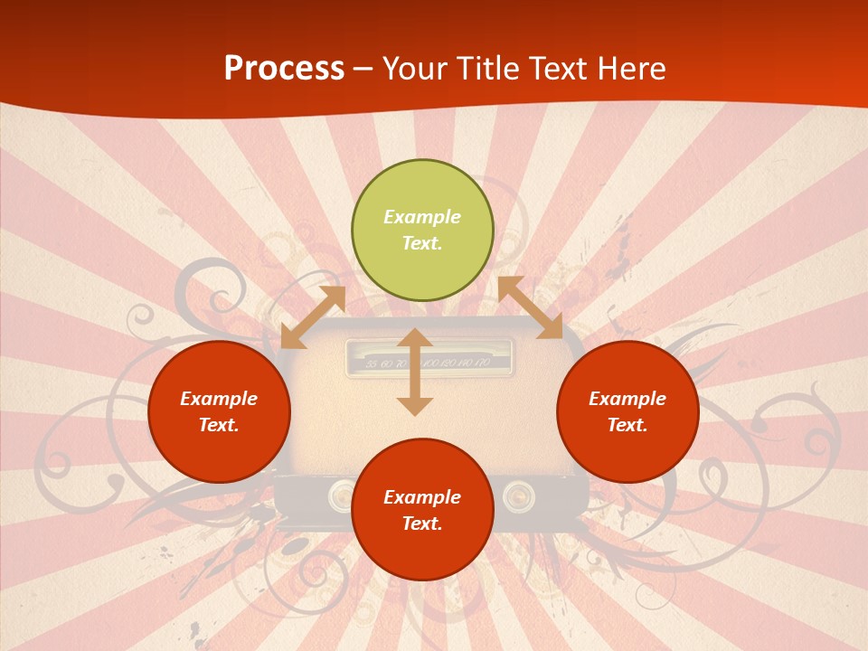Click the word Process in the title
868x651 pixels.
click(x=284, y=69)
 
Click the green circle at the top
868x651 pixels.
click(x=422, y=231)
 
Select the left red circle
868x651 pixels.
click(x=219, y=411)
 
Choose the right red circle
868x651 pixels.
click(x=627, y=411)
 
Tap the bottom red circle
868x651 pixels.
click(x=422, y=510)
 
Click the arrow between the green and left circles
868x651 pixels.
click(x=313, y=317)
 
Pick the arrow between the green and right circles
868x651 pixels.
click(x=530, y=308)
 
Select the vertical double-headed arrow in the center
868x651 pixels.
click(x=415, y=372)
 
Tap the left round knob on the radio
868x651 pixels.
click(x=341, y=494)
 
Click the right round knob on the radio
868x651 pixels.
click(x=514, y=494)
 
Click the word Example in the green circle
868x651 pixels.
click(x=422, y=217)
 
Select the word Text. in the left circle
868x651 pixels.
click(x=219, y=425)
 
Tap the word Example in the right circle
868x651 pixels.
click(x=627, y=399)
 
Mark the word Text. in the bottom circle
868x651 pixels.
click(x=422, y=524)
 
